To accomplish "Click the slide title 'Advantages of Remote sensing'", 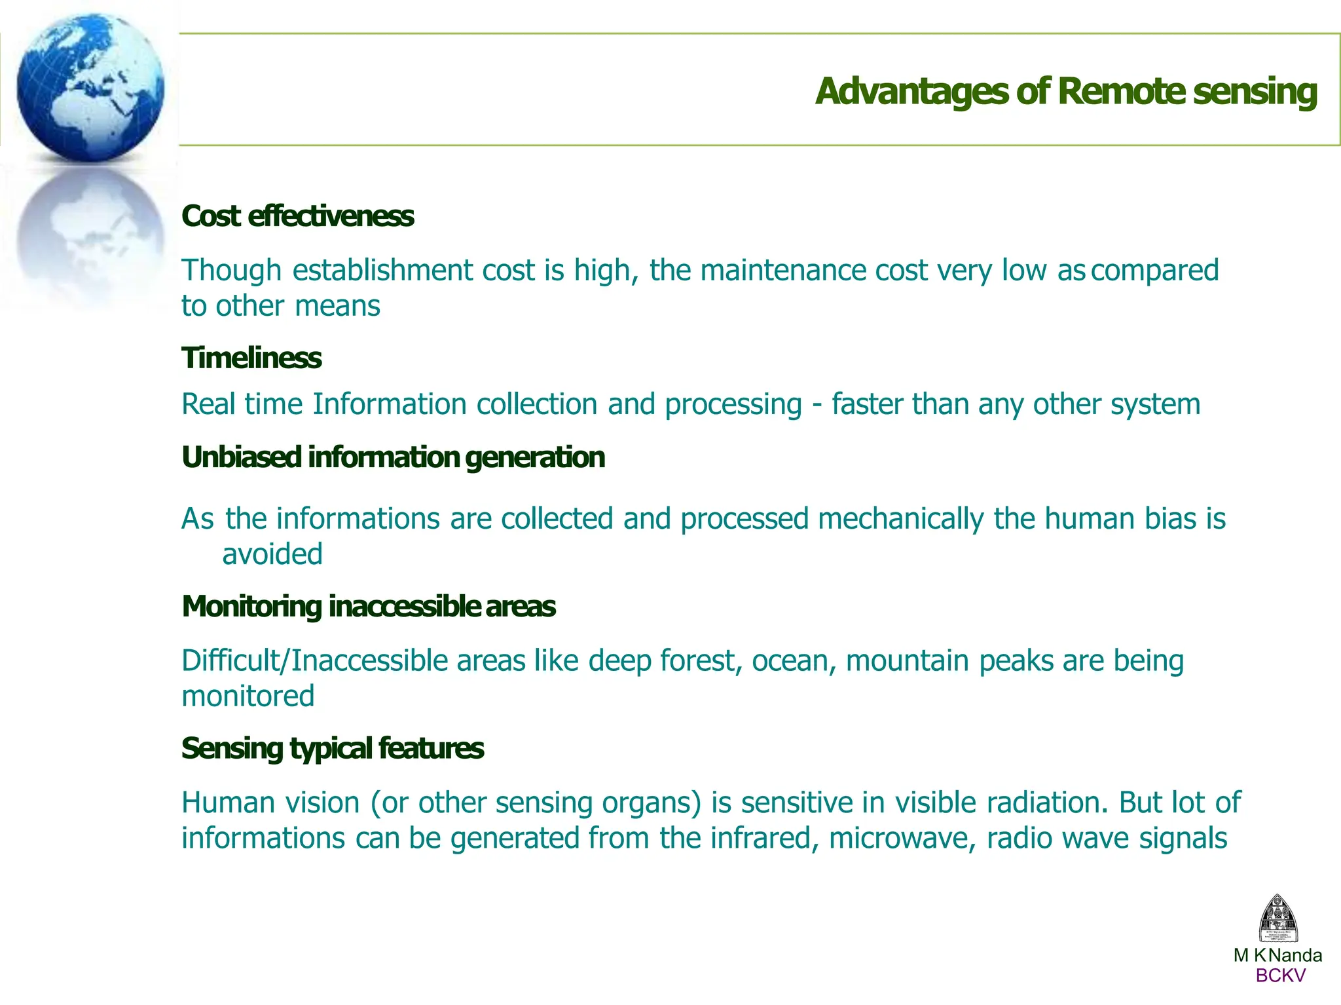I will click(1065, 91).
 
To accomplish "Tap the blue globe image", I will click(90, 87).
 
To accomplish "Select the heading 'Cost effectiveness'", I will click(297, 216).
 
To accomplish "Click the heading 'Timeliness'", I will click(251, 358).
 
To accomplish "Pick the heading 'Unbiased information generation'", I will click(393, 457).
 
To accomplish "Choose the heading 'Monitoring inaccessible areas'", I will click(368, 607).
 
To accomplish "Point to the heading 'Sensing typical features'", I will click(332, 748).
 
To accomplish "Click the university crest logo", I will click(1278, 919).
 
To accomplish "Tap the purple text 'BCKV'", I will click(1280, 976).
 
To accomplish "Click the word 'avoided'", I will click(272, 554).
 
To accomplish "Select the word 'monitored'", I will click(248, 696).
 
